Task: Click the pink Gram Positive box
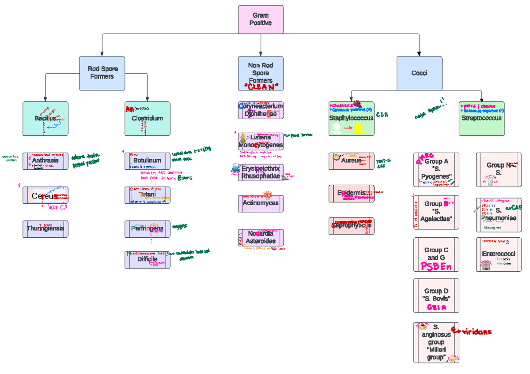tap(261, 19)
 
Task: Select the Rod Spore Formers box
tap(102, 73)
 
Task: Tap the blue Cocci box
tap(419, 73)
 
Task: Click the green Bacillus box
tap(45, 118)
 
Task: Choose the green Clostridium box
tap(147, 118)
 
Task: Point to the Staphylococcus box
tap(351, 118)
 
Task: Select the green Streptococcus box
tap(481, 118)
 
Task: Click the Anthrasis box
tap(45, 161)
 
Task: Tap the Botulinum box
tap(147, 161)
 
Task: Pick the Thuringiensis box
tap(45, 229)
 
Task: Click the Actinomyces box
tap(261, 203)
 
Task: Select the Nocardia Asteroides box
tap(261, 237)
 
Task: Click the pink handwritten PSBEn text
tap(436, 266)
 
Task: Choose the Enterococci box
tap(499, 254)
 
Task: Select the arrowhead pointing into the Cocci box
tap(419, 53)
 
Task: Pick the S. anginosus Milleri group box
tap(436, 342)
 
